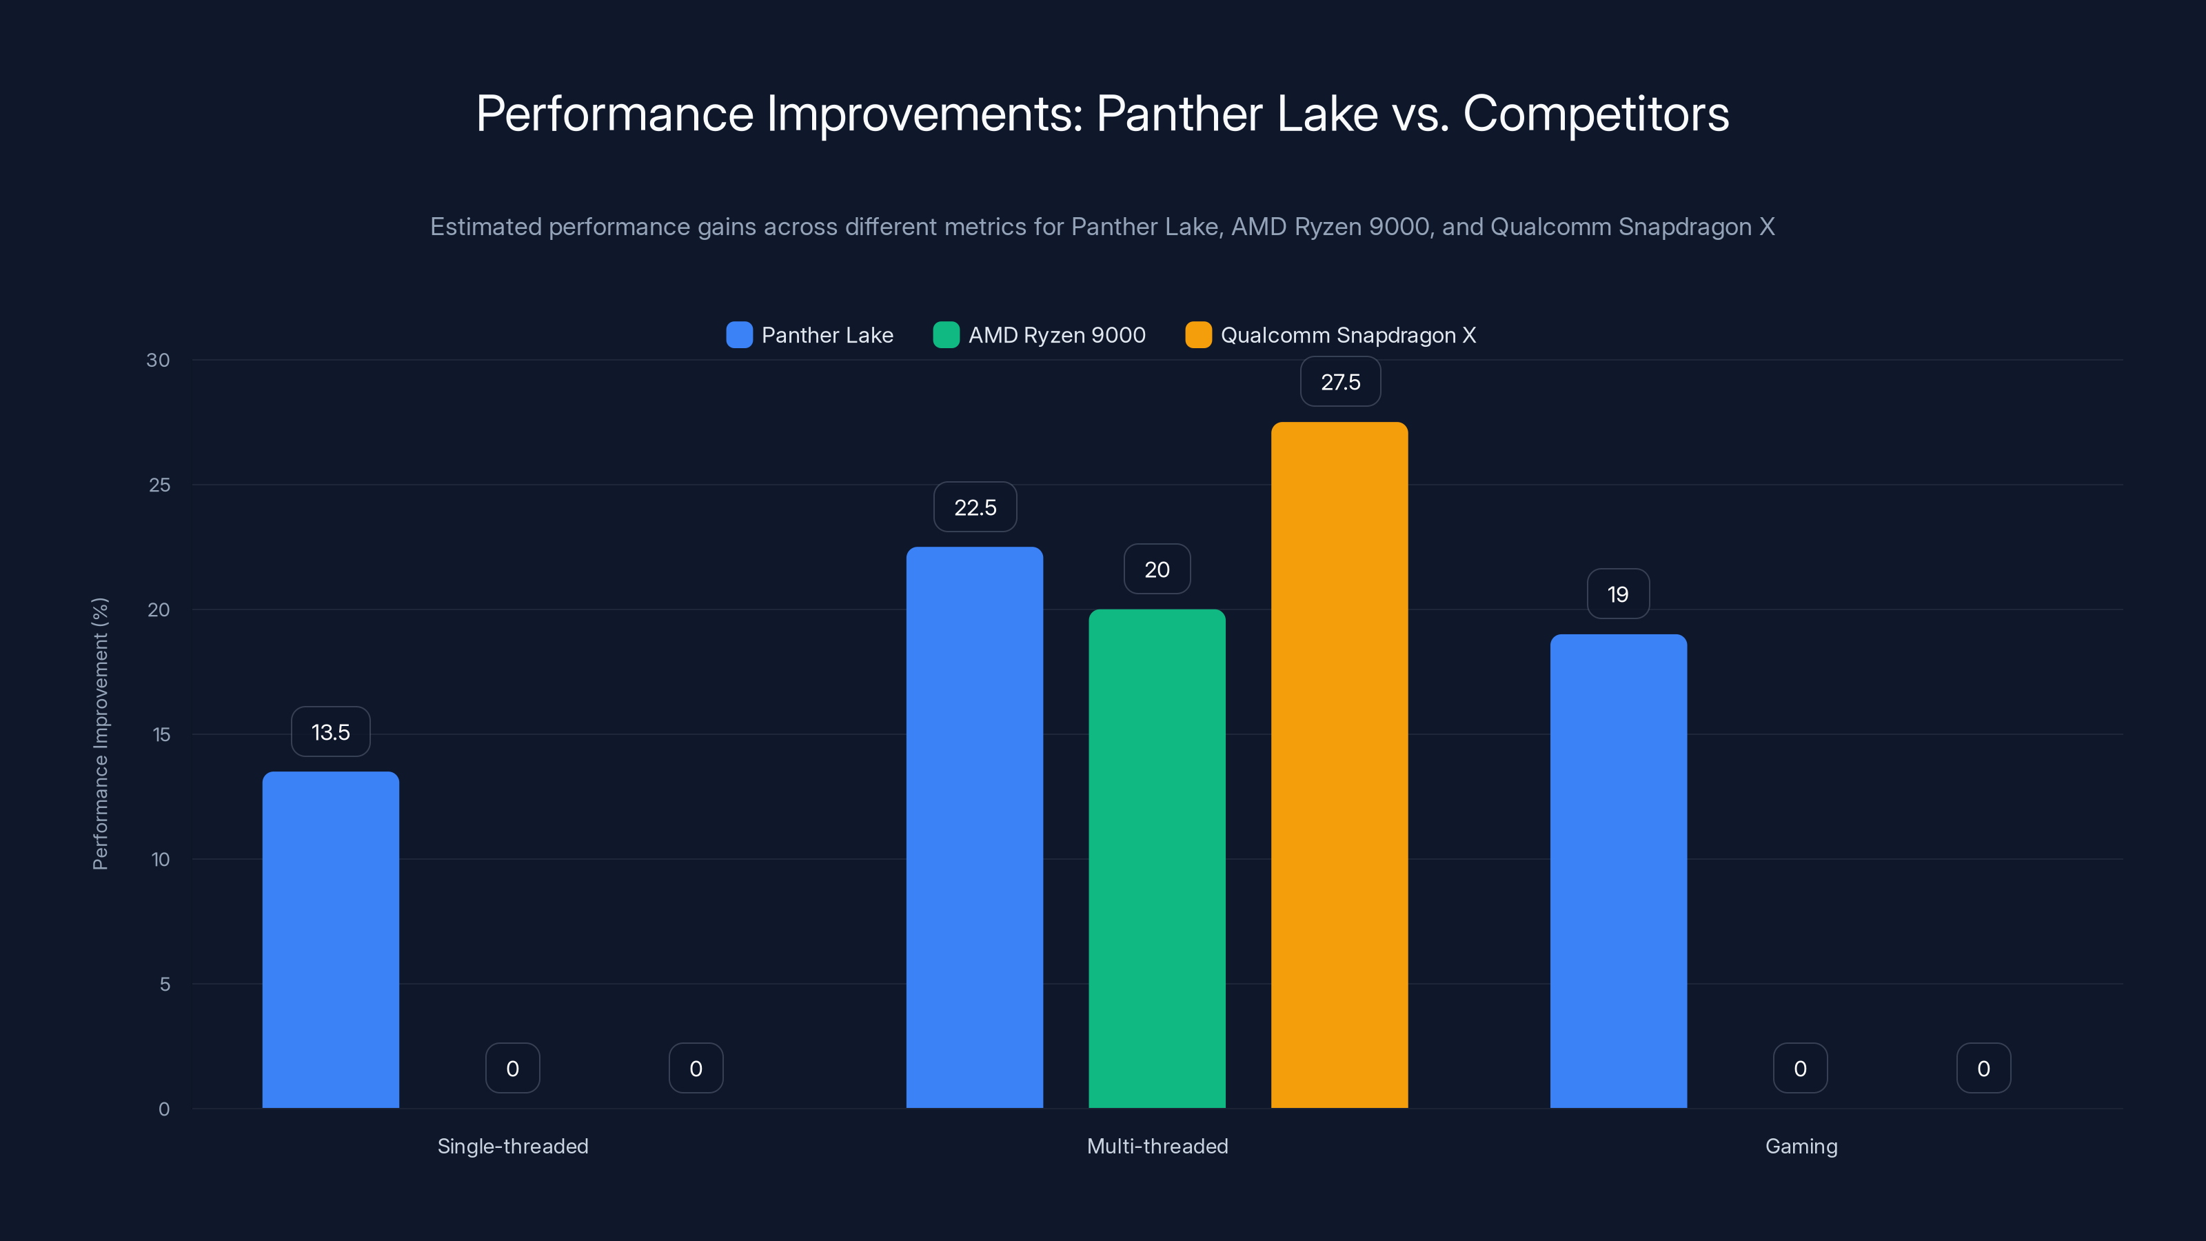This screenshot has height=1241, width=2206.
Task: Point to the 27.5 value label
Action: click(x=1340, y=382)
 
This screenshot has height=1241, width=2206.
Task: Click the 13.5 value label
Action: click(x=331, y=732)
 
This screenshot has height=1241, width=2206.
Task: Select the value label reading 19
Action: click(x=1618, y=594)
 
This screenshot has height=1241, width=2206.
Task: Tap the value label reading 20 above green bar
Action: click(x=1157, y=569)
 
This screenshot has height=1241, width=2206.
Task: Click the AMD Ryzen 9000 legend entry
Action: click(x=1040, y=335)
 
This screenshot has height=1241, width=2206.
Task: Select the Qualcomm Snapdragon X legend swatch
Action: click(x=1198, y=335)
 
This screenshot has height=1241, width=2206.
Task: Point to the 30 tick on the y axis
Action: click(x=159, y=360)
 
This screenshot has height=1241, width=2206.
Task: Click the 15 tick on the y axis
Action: click(x=161, y=734)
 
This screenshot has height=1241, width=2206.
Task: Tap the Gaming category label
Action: click(x=1801, y=1146)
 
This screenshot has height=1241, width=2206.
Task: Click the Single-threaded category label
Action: click(x=513, y=1146)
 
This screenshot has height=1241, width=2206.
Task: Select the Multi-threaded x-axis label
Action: click(x=1157, y=1146)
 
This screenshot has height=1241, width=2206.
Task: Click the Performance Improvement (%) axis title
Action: click(x=100, y=734)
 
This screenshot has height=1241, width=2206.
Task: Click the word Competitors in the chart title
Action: click(x=1595, y=114)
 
